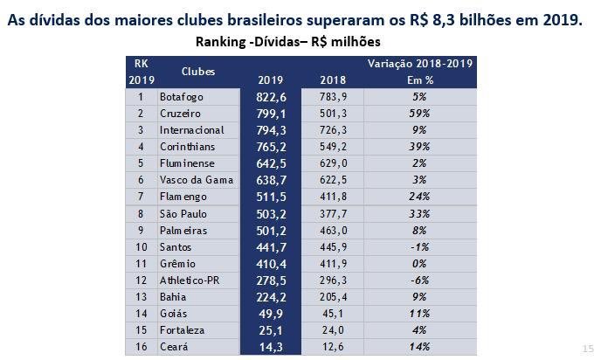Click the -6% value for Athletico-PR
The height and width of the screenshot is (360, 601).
(420, 279)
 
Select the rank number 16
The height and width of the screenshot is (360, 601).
(140, 345)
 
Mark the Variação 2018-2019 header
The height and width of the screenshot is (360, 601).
(420, 64)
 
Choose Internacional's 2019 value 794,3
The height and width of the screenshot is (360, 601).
(271, 129)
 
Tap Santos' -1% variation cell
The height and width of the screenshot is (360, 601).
(420, 246)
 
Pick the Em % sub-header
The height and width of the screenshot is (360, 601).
(420, 80)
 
